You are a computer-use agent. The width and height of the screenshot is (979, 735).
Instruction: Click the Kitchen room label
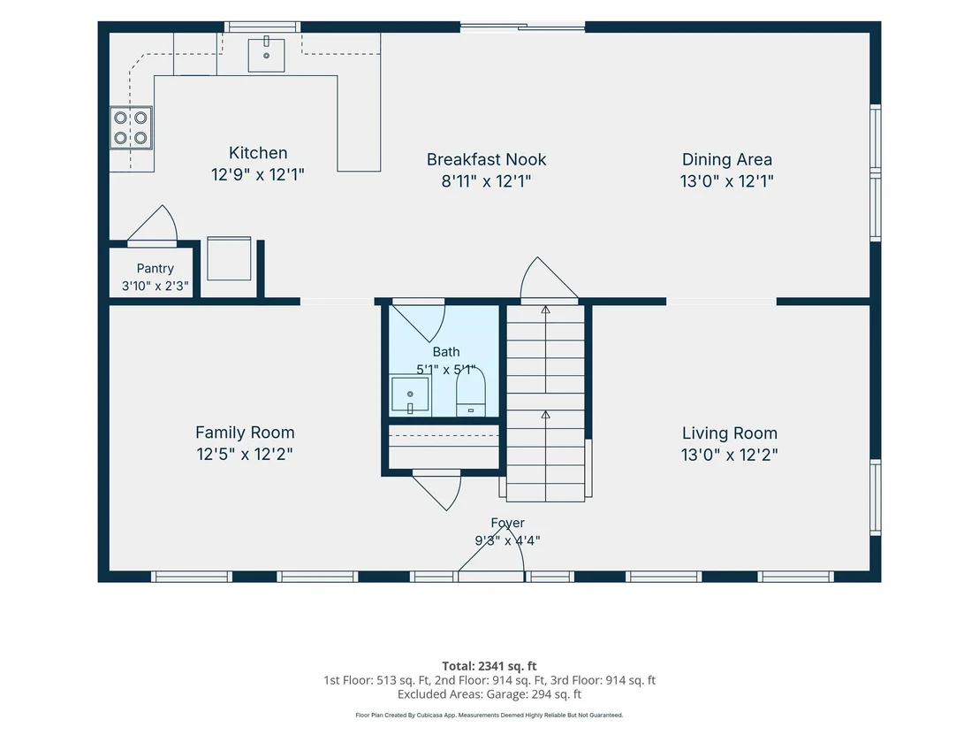click(x=258, y=153)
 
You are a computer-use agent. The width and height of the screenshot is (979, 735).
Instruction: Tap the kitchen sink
click(x=267, y=55)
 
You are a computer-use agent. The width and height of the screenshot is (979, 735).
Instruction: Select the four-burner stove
click(x=131, y=127)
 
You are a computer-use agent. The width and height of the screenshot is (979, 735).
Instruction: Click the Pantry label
click(x=155, y=269)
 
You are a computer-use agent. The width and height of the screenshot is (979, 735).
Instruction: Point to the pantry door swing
click(x=154, y=225)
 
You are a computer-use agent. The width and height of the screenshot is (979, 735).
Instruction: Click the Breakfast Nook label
click(x=486, y=160)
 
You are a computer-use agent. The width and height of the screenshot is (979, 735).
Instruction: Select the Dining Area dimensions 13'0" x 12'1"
click(x=727, y=181)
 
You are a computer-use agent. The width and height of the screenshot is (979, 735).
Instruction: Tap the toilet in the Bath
click(x=471, y=393)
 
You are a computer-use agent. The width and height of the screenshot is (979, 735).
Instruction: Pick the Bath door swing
click(x=418, y=321)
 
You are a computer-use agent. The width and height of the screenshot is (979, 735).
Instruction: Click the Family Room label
click(x=245, y=433)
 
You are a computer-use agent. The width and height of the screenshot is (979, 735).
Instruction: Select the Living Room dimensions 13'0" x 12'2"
click(x=729, y=455)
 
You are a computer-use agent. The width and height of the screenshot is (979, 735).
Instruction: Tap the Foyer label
click(x=507, y=523)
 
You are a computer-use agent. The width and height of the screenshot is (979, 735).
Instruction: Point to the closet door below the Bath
click(x=436, y=490)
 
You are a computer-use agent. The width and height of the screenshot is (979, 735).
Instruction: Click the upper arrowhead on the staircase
click(x=546, y=310)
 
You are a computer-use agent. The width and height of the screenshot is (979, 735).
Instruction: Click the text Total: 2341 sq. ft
click(x=489, y=666)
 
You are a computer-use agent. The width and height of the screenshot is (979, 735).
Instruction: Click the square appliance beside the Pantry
click(x=229, y=258)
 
